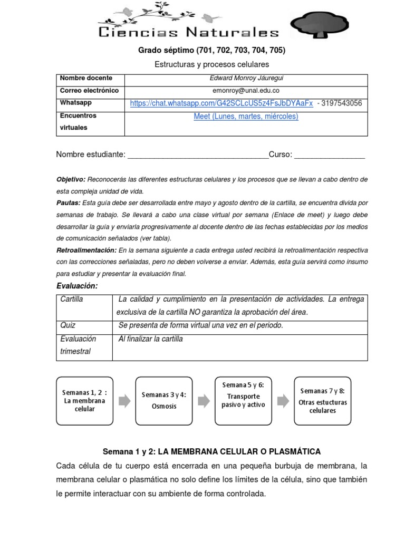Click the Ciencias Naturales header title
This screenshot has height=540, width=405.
tap(189, 33)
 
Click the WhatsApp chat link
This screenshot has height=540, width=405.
tap(221, 103)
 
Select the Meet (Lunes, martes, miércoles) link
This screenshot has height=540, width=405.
tap(246, 117)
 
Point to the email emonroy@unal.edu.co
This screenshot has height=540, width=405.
tap(246, 91)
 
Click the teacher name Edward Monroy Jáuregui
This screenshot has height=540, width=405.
tap(246, 79)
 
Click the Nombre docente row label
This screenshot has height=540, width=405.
tap(86, 78)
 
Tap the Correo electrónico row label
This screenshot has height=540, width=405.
tap(89, 91)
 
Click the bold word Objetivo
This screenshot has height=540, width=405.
tap(71, 180)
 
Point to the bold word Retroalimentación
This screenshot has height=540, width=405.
tap(86, 250)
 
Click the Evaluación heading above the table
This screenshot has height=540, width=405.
tap(77, 286)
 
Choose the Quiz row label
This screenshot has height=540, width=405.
tap(69, 326)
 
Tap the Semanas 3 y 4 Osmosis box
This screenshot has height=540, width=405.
tap(163, 401)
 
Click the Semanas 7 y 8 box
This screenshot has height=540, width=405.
tap(322, 401)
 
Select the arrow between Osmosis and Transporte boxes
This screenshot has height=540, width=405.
tap(204, 401)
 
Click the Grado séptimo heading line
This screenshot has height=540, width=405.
tap(211, 51)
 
